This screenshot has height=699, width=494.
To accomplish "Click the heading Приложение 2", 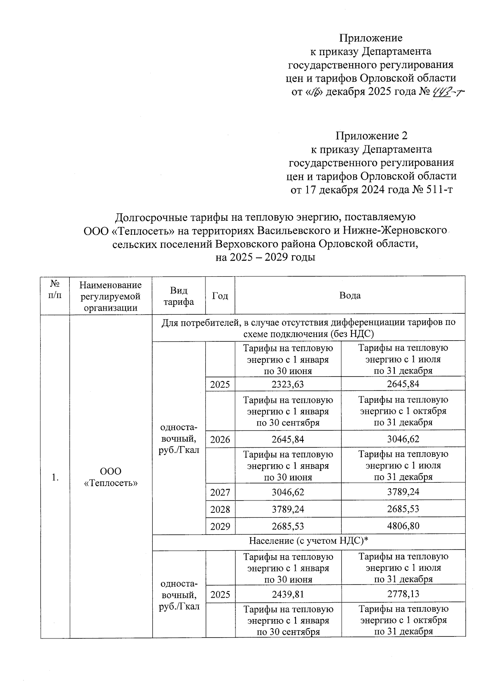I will [372, 136].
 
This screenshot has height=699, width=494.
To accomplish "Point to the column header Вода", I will [350, 295].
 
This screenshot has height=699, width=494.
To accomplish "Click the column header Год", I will [220, 295].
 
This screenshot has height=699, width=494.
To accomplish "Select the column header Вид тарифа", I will [179, 296].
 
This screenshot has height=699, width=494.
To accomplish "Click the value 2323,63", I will [288, 384].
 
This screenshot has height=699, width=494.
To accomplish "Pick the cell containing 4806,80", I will [403, 526].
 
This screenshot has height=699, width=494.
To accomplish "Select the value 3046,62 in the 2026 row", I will [403, 439].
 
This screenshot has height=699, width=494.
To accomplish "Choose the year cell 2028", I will [220, 509].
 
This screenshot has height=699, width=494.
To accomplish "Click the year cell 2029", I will [220, 526].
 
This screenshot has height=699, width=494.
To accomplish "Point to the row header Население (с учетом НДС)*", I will [308, 541].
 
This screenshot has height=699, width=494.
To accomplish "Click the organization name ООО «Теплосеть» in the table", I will [111, 477].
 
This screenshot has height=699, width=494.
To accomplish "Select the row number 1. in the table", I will [55, 477].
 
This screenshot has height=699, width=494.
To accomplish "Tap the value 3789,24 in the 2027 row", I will [403, 492].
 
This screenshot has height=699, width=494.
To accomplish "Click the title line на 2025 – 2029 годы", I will [266, 257].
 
